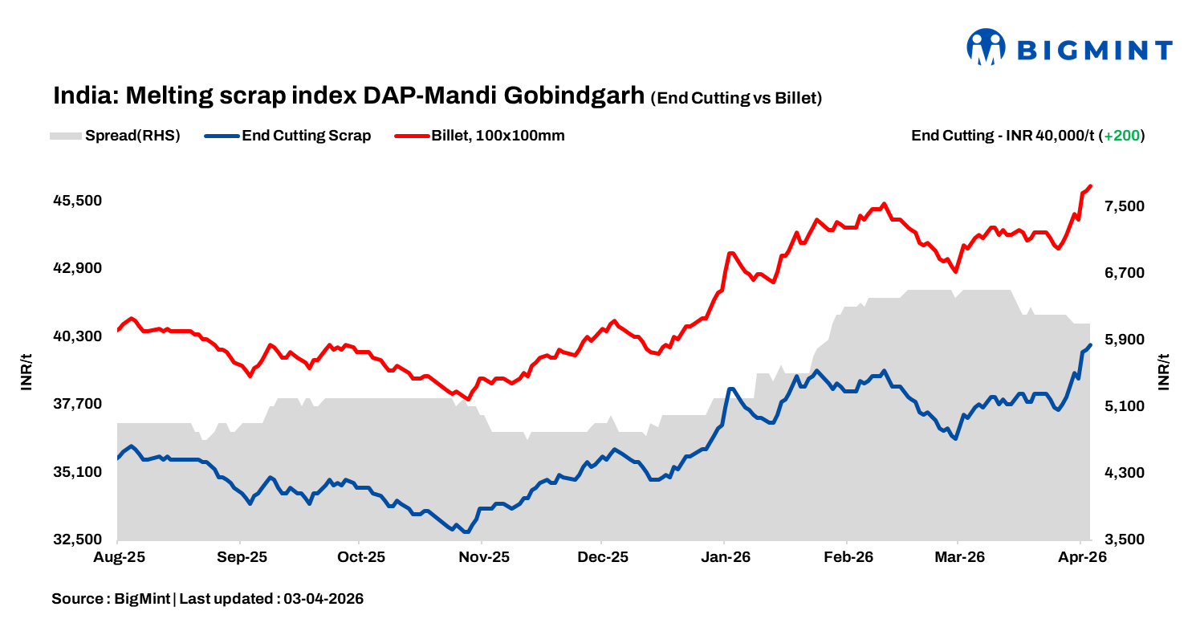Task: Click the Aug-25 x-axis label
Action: pos(118,557)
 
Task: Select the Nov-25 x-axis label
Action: pos(483,557)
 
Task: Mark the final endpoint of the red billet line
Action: pos(1090,186)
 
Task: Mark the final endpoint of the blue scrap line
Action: pos(1090,345)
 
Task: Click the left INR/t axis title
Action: pos(26,371)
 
